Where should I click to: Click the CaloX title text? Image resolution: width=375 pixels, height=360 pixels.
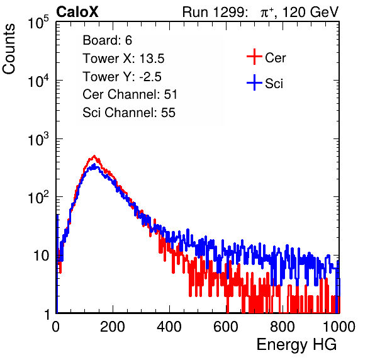click(77, 12)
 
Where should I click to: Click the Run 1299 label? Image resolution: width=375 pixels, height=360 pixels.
click(215, 12)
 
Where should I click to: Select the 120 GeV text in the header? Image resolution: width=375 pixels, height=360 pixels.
click(311, 12)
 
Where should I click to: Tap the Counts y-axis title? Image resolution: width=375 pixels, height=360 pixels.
click(9, 49)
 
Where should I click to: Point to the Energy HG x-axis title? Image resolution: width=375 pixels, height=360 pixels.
click(296, 344)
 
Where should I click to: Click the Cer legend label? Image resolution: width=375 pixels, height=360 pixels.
click(275, 58)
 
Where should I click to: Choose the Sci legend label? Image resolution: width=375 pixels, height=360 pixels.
click(274, 84)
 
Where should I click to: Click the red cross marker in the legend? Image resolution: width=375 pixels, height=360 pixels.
click(254, 57)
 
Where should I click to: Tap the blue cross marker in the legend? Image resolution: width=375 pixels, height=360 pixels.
click(254, 82)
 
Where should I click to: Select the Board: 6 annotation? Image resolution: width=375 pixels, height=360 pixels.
click(107, 40)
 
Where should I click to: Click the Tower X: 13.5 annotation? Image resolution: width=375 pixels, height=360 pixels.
click(123, 59)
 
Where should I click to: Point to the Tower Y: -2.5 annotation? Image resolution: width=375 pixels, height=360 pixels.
click(122, 77)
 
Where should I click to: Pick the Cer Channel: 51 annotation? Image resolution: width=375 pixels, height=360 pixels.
click(130, 94)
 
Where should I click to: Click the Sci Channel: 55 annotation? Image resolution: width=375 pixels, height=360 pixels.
click(129, 113)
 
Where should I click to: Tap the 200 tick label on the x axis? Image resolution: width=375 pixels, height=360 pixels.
click(113, 327)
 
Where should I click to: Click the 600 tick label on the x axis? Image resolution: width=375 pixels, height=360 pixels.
click(226, 327)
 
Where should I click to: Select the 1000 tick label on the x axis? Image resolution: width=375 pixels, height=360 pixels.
click(339, 327)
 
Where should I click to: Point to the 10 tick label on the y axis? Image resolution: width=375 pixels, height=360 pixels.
click(42, 256)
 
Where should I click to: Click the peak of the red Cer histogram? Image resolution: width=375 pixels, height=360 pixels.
click(94, 156)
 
